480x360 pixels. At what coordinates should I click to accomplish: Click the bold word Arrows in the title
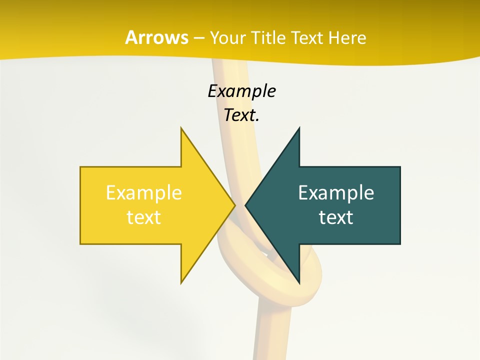tap(156, 37)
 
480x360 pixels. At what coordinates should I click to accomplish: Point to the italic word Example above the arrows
tap(241, 91)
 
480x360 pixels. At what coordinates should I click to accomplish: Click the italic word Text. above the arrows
tap(241, 115)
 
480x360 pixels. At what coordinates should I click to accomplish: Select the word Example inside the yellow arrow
tap(143, 192)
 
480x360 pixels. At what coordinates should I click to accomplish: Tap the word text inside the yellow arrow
tap(143, 217)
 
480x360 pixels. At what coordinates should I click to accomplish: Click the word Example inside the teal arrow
tap(336, 192)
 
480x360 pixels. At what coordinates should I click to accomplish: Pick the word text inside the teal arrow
tap(336, 217)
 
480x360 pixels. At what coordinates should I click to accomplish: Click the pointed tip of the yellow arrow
tap(234, 205)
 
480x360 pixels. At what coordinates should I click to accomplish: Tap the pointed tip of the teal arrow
tap(245, 205)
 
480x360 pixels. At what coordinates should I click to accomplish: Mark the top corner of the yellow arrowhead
tap(181, 128)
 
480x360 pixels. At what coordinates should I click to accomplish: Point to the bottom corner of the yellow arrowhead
tap(181, 283)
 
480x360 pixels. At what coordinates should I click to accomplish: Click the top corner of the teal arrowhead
tap(299, 128)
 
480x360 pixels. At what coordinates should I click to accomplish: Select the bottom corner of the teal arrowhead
tap(299, 283)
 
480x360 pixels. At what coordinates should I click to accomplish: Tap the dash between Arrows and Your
tap(198, 38)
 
